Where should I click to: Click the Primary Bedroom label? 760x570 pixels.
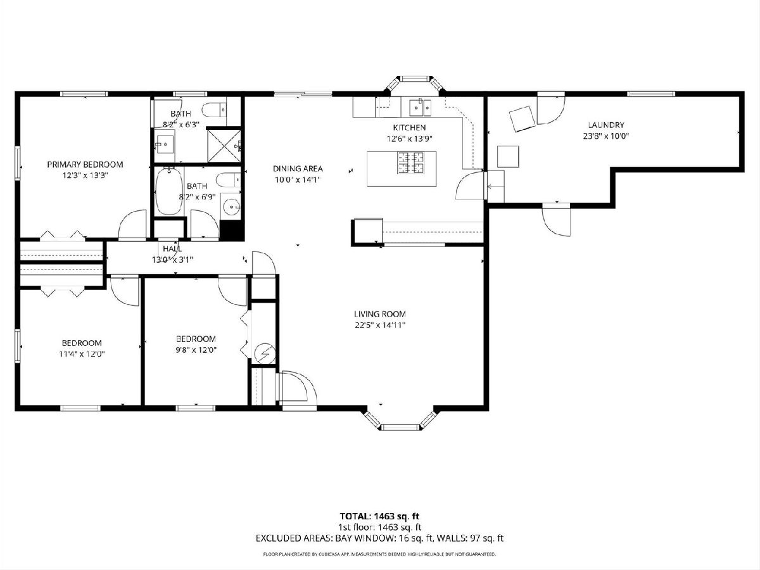[85, 165]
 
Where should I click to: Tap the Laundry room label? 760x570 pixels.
[606, 125]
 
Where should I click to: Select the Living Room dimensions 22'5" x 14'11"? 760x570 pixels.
[380, 325]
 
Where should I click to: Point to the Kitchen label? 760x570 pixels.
[409, 127]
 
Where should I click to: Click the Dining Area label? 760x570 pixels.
[298, 168]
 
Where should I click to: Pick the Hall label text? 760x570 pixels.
[172, 248]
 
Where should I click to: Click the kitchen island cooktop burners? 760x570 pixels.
[410, 163]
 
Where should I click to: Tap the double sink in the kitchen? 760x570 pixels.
[421, 107]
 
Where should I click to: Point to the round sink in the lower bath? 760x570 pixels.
[231, 208]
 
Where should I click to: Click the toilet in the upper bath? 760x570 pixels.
[215, 110]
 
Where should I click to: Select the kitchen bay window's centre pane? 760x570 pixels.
[414, 78]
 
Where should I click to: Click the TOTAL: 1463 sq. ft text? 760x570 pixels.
[380, 516]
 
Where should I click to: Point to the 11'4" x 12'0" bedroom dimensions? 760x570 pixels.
[82, 354]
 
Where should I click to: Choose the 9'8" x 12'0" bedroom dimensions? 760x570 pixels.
[196, 350]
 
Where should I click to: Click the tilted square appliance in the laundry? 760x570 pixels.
[521, 118]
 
